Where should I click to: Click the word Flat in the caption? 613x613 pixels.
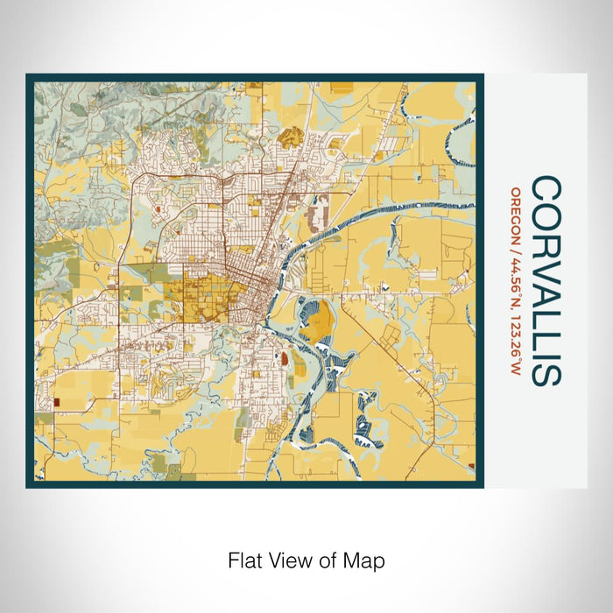click(243, 560)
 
